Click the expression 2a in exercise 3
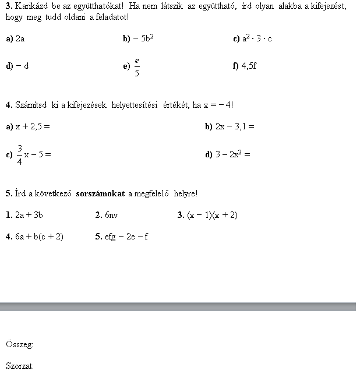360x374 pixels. [20, 39]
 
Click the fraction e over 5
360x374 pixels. [137, 66]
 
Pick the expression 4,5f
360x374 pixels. [249, 66]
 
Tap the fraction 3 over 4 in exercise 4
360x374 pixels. [19, 154]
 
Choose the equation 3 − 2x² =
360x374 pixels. [232, 154]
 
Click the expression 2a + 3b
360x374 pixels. [29, 215]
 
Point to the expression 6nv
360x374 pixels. [111, 215]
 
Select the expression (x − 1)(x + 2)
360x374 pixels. [212, 215]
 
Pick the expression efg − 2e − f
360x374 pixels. [126, 237]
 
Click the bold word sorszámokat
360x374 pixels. [100, 193]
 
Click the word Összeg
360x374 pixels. [19, 344]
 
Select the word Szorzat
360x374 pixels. [19, 366]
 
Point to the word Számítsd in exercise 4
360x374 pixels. [30, 105]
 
